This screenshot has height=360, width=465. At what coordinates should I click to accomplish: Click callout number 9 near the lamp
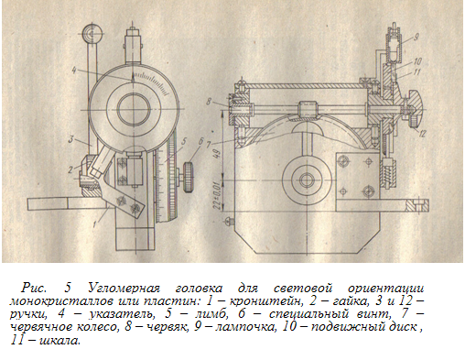[x=416, y=38]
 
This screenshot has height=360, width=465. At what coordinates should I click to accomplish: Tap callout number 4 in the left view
[x=73, y=71]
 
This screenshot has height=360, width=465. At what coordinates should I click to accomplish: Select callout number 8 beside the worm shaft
[x=209, y=101]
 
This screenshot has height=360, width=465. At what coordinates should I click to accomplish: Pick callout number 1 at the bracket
[x=95, y=224]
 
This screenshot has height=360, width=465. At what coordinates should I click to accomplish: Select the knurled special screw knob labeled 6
[x=189, y=177]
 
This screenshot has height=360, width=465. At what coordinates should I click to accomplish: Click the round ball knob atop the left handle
[x=92, y=33]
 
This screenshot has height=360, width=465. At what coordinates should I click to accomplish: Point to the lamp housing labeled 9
[x=395, y=46]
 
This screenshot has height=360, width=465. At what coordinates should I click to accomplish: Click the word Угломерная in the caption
[x=124, y=288]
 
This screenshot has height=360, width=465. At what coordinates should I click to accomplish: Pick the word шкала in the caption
[x=60, y=340]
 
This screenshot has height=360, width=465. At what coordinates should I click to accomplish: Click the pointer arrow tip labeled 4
[x=133, y=73]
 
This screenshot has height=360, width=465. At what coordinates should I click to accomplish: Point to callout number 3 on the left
[x=71, y=140]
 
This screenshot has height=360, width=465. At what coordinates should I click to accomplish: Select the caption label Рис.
[x=34, y=288]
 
